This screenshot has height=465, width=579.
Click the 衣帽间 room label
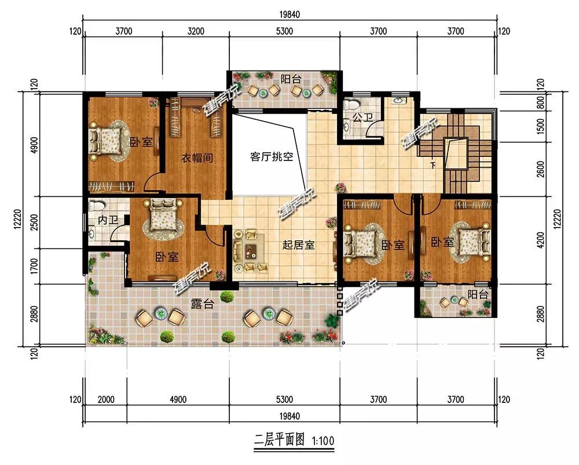(x=197, y=158)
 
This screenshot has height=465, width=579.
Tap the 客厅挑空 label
(x=272, y=156)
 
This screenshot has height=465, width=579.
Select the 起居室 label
(x=298, y=245)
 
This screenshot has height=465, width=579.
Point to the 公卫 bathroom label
(x=362, y=118)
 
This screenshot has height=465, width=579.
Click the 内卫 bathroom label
(x=108, y=220)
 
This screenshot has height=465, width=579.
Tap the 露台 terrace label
(x=203, y=303)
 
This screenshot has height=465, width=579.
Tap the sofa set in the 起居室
(x=250, y=251)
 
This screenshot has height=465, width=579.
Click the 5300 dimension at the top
(x=284, y=31)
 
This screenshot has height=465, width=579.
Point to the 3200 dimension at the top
(x=196, y=31)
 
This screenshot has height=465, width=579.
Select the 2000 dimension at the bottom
(x=106, y=399)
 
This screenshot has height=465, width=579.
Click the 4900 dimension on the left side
(x=34, y=145)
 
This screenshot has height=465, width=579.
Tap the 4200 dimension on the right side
(x=541, y=240)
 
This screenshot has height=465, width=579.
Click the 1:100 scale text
(x=323, y=441)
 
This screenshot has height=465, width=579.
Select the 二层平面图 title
(x=279, y=440)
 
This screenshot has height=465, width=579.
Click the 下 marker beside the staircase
(x=433, y=165)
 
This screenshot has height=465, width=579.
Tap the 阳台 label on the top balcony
(x=291, y=79)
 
